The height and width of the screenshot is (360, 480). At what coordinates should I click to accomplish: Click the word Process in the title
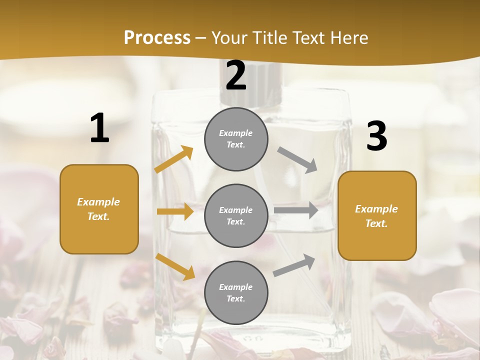(x=157, y=38)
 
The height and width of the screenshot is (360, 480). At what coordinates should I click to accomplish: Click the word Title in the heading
(x=270, y=38)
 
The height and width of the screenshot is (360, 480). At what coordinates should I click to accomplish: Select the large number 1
(x=99, y=128)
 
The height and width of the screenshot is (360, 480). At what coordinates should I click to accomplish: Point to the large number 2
(x=236, y=75)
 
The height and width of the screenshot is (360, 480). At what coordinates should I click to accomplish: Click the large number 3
(x=376, y=136)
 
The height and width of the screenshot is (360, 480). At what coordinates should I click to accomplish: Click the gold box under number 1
(x=99, y=209)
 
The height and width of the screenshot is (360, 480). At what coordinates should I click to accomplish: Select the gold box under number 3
(x=377, y=215)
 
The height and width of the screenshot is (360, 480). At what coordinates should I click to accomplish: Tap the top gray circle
(x=236, y=139)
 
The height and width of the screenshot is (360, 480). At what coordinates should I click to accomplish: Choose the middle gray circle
(x=236, y=215)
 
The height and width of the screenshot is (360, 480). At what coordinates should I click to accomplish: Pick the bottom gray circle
(x=236, y=292)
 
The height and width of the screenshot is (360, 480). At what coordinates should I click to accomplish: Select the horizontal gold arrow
(x=175, y=211)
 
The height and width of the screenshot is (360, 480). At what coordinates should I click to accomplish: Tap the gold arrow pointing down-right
(x=175, y=266)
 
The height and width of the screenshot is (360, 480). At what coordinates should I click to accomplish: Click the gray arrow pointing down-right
(x=297, y=160)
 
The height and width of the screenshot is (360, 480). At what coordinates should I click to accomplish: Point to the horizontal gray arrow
(x=296, y=210)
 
